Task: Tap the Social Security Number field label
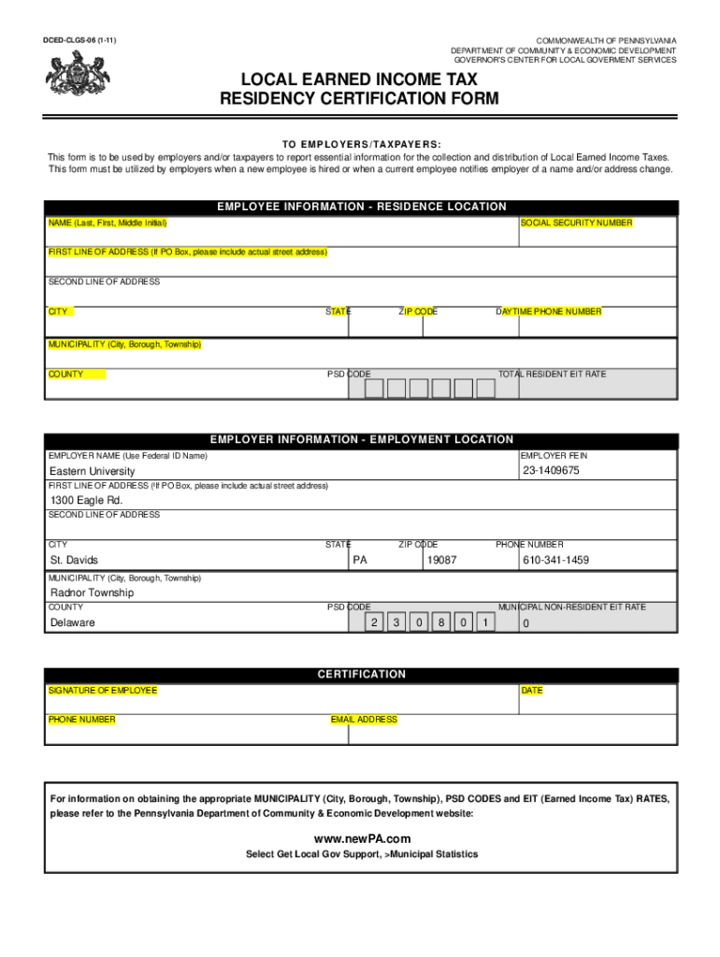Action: coord(577,223)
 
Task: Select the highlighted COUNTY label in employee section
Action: coord(66,375)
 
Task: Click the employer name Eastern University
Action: coord(92,471)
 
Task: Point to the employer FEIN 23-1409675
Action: coord(551,470)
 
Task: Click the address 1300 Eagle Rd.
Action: coord(86,500)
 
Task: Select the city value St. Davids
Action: coord(74,560)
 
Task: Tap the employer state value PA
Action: coord(360,560)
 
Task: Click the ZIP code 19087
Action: coord(441,560)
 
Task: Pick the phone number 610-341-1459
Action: coord(555,560)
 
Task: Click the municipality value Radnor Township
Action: coord(92,593)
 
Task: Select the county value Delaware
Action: coord(72,622)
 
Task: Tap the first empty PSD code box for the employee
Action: coord(374,388)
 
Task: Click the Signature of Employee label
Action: coord(103,691)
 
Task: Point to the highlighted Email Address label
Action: coord(364,720)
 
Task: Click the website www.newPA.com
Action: coord(361,838)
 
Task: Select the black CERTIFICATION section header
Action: coord(361,674)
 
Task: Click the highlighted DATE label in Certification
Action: coord(532,691)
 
